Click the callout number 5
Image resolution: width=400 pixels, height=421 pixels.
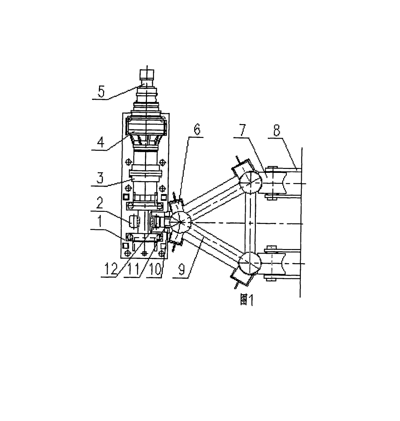[x=101, y=92]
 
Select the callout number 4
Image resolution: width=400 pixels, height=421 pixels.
[x=100, y=142]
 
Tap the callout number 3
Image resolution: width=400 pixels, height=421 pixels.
[x=100, y=178]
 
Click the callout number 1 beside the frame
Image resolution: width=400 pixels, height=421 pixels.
[x=100, y=222]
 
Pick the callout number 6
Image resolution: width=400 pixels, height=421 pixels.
[x=197, y=129]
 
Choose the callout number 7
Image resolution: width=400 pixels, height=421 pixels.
[x=242, y=130]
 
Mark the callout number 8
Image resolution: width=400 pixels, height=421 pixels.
[x=277, y=130]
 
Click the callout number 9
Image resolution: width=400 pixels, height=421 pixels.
[x=181, y=269]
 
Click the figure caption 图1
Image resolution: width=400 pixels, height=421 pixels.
[x=246, y=300]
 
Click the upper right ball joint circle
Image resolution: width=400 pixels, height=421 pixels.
[x=250, y=182]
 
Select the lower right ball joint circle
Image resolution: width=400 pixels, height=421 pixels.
[x=250, y=263]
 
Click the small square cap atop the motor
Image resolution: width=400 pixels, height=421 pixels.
[x=147, y=74]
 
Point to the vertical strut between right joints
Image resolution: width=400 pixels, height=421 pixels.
[x=250, y=222]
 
